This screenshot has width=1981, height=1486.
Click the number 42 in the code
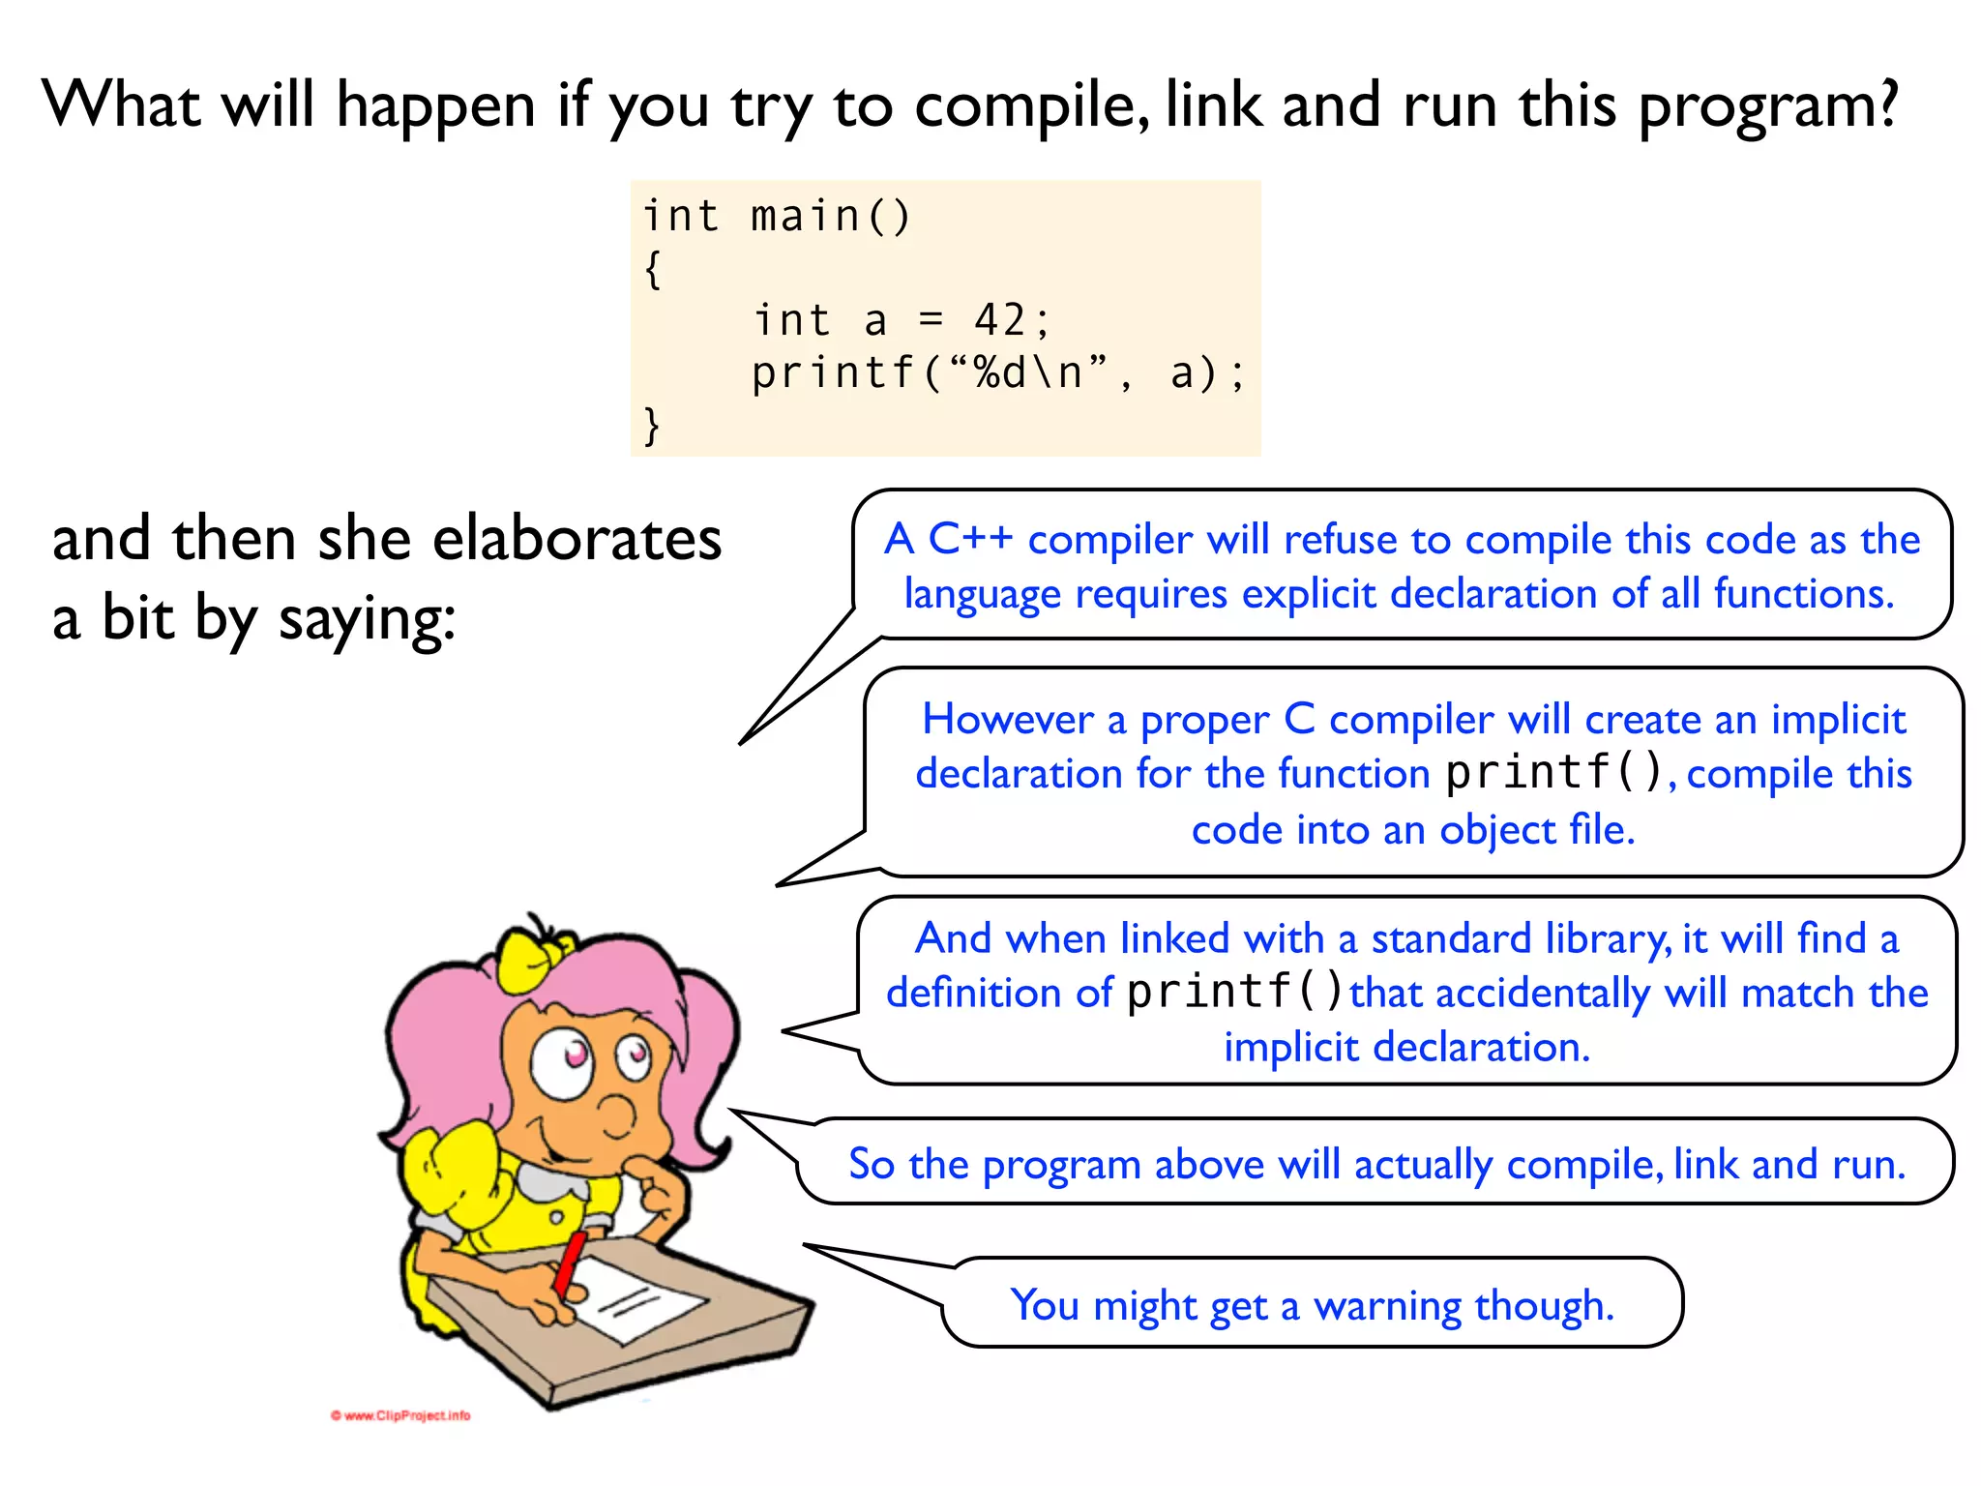(998, 320)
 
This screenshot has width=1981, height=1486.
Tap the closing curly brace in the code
(653, 426)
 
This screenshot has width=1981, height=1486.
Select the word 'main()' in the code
(831, 216)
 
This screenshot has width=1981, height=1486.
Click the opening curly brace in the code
(653, 269)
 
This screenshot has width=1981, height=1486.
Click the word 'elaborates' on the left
(577, 539)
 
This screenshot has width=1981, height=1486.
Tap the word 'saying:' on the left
(367, 619)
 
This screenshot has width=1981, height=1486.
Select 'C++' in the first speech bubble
(969, 539)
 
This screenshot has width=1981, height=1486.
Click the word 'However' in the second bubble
(1008, 720)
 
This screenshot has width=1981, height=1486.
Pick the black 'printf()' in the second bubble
(1553, 772)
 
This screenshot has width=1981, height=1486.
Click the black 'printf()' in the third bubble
(1235, 992)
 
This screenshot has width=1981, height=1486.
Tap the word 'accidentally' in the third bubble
(1543, 994)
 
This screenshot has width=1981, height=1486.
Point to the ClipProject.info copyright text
(400, 1415)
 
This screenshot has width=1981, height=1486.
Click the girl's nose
(615, 1113)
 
